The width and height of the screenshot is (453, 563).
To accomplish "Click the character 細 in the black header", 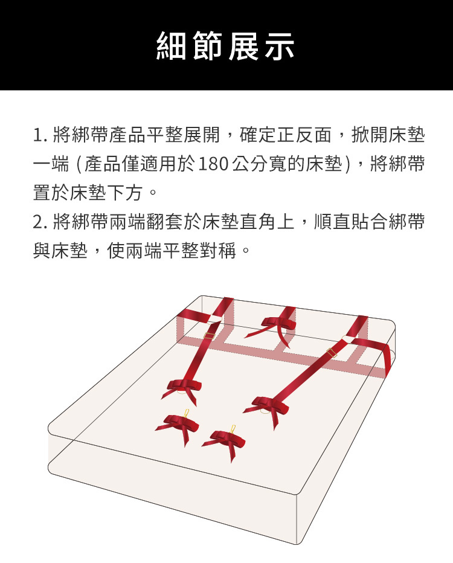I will (171, 45).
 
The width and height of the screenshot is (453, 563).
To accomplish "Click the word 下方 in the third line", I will (127, 193).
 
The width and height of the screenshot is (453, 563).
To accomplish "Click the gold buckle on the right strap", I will (332, 353).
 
